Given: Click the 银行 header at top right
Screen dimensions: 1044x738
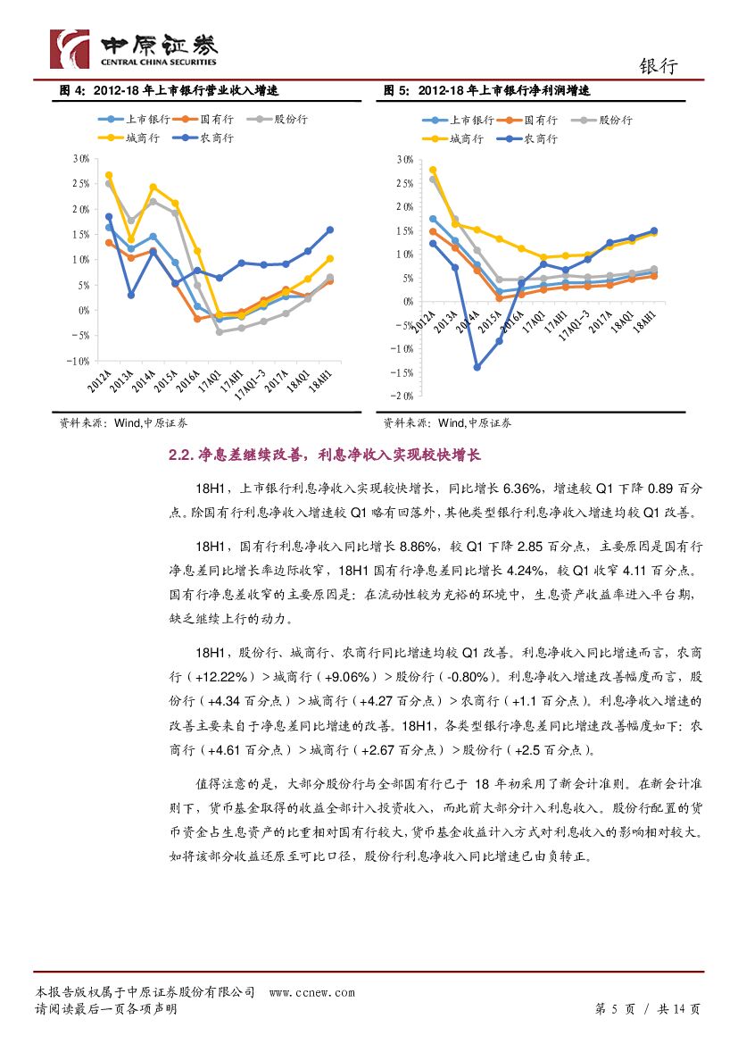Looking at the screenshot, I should pyautogui.click(x=659, y=67).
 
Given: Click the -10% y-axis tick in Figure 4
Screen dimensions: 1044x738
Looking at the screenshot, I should pyautogui.click(x=79, y=361).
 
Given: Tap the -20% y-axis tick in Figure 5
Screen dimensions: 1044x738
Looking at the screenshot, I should pyautogui.click(x=402, y=396).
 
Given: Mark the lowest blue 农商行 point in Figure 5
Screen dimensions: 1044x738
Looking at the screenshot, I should pyautogui.click(x=477, y=367).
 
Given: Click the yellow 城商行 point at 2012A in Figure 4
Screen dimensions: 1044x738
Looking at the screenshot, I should pyautogui.click(x=109, y=175).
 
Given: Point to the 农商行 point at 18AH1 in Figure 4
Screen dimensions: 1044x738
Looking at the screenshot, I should pyautogui.click(x=329, y=230).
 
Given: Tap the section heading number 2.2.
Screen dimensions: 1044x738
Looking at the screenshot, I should pyautogui.click(x=180, y=455).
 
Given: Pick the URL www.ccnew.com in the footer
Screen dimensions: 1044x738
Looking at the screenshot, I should pyautogui.click(x=311, y=992).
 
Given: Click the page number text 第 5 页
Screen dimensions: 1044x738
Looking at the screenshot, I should pyautogui.click(x=615, y=1009).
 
